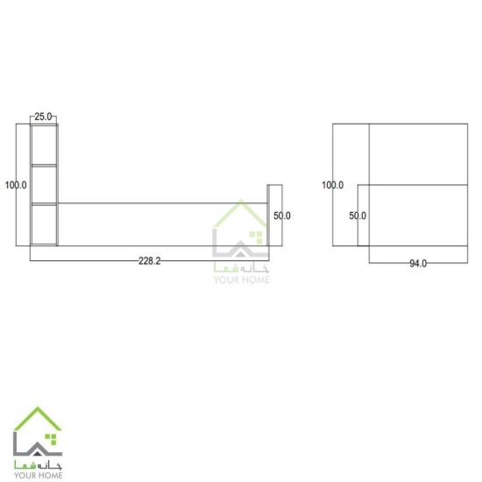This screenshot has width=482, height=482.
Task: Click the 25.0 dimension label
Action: coord(43,117)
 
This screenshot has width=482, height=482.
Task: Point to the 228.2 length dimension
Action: coord(149,261)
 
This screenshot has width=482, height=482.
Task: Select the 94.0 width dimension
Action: coord(418,264)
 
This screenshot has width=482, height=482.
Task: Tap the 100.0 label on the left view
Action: coord(16,185)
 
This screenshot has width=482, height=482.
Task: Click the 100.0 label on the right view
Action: coord(333,185)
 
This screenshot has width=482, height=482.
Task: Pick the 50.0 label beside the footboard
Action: coord(282,216)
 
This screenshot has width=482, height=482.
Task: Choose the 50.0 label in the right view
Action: coord(358,216)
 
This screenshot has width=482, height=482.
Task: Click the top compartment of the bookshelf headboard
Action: coord(45,145)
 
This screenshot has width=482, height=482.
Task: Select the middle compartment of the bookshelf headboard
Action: coord(45,185)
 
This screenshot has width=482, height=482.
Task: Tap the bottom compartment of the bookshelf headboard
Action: coord(45,224)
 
